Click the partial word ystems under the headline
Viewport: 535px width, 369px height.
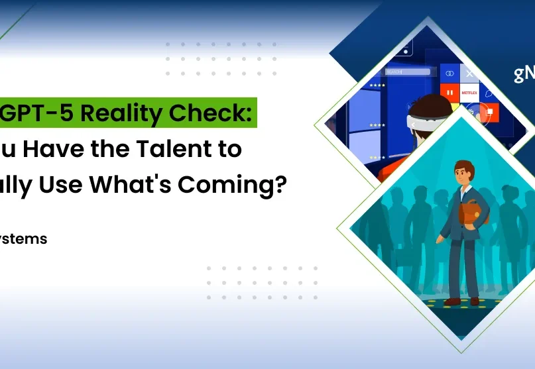(24, 239)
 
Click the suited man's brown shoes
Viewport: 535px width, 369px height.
(463, 301)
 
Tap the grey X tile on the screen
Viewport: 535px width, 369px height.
(469, 73)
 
